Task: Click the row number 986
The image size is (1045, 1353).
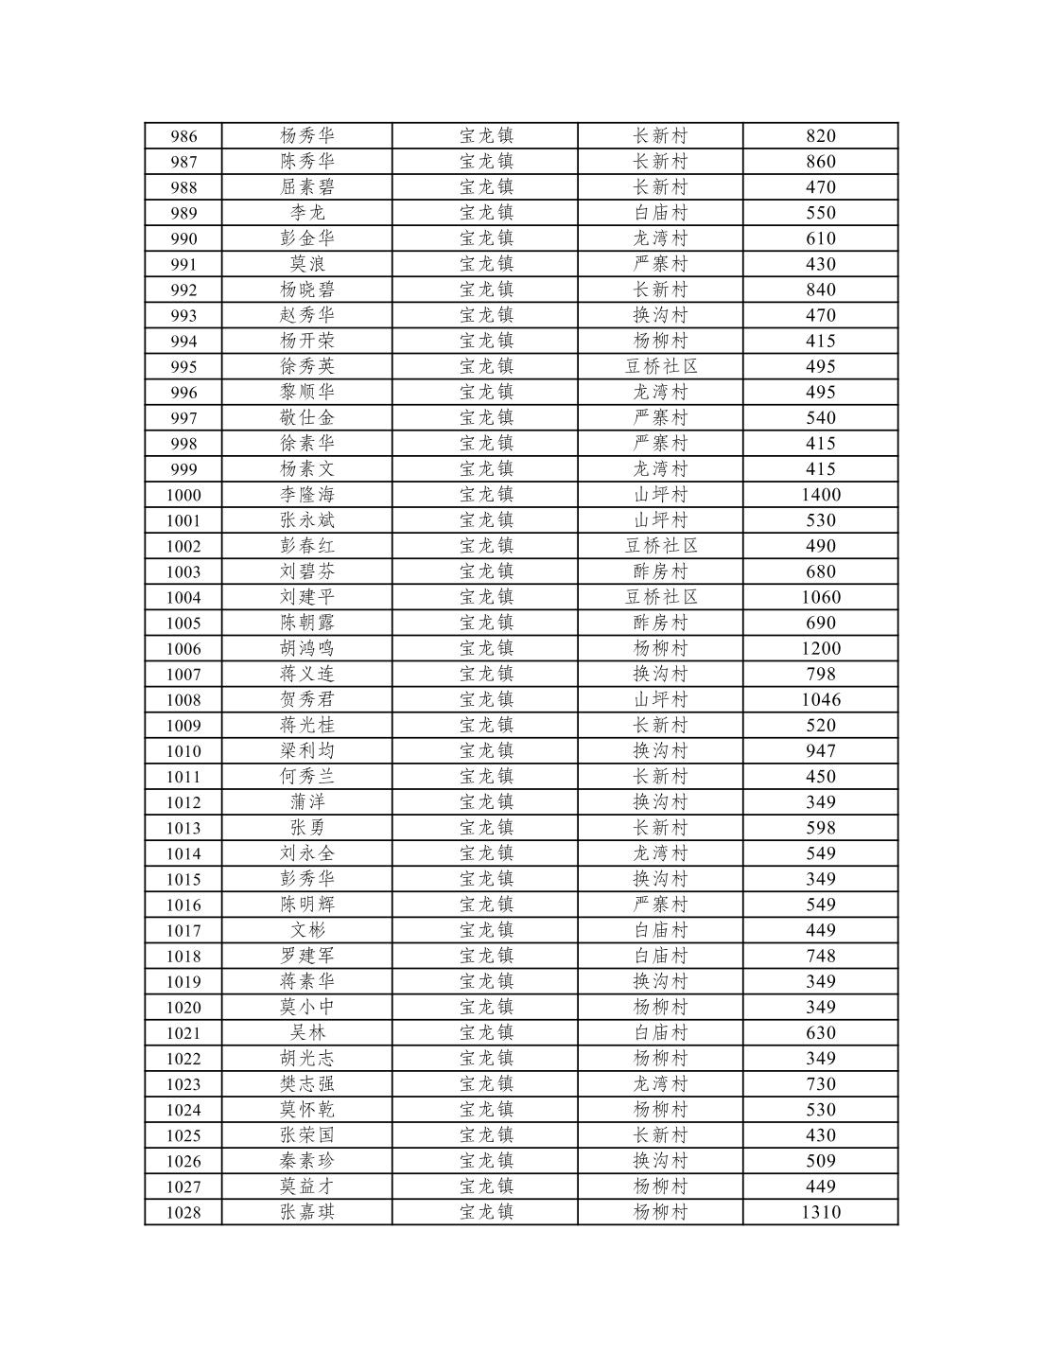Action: point(183,136)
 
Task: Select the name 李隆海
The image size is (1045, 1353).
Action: point(307,495)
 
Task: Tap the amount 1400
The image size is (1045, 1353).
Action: point(820,495)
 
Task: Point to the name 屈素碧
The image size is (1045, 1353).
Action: point(307,187)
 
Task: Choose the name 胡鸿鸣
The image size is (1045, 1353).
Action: point(307,649)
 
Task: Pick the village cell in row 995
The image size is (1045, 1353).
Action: point(661,367)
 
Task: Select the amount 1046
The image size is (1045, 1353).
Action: point(820,700)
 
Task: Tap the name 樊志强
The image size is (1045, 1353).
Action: point(307,1084)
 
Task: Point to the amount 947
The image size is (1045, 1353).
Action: point(820,751)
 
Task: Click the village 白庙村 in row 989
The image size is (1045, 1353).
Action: point(661,213)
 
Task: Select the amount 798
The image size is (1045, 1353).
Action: point(820,675)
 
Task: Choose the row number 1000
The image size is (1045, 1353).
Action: point(183,495)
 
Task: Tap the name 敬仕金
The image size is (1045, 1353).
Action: point(307,418)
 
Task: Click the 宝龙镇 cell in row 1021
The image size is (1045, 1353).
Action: point(486,1033)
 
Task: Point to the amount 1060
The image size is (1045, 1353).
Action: point(820,598)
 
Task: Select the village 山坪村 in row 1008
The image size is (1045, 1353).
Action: point(661,700)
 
